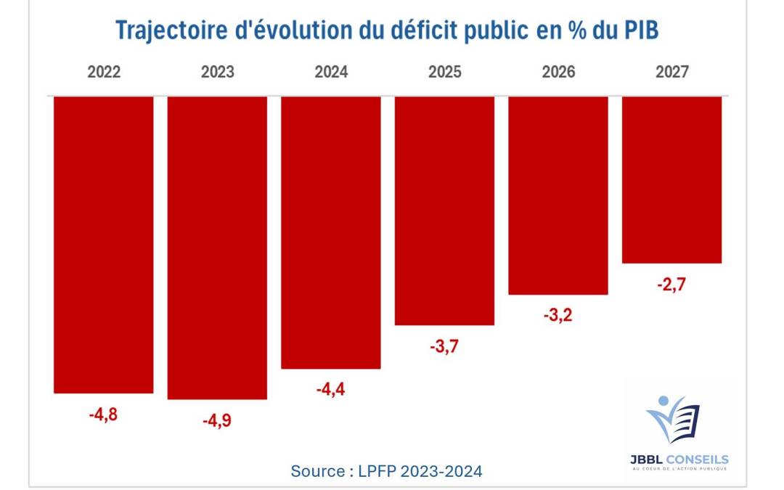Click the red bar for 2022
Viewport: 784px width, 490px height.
(x=104, y=245)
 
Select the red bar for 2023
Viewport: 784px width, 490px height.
(x=217, y=248)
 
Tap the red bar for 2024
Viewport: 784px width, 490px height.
(x=331, y=232)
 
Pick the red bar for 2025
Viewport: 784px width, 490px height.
(x=444, y=211)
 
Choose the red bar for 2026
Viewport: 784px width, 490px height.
(x=558, y=195)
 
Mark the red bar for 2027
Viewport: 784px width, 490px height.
(x=671, y=179)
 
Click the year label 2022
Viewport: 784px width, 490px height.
(x=104, y=73)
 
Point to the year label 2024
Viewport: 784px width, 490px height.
(x=331, y=73)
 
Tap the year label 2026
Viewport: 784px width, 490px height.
(x=558, y=73)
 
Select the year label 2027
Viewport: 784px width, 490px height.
(x=671, y=73)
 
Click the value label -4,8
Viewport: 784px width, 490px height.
(x=104, y=415)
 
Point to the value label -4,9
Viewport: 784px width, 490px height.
(x=217, y=421)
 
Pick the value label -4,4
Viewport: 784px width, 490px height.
(x=331, y=390)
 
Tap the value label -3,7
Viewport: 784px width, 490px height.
(x=444, y=347)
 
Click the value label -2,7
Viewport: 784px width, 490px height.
(x=671, y=284)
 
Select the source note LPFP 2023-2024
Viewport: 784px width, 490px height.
(x=386, y=471)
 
